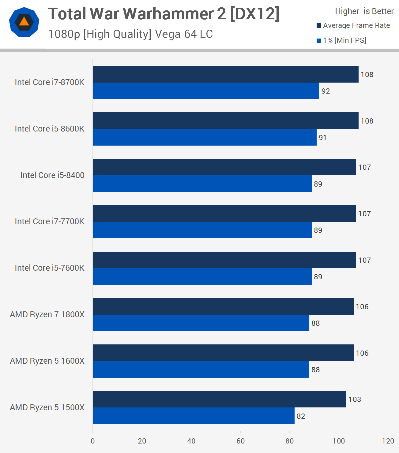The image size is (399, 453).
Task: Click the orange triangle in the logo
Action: click(24, 22)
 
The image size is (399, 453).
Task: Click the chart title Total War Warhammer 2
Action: click(164, 14)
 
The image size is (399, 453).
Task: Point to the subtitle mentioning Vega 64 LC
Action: click(130, 34)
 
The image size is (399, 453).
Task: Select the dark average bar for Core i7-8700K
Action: click(225, 74)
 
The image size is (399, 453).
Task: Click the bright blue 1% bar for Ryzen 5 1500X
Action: click(194, 416)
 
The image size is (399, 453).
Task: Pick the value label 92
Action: click(326, 91)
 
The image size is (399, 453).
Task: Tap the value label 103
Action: click(355, 399)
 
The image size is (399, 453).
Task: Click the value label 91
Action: click(322, 138)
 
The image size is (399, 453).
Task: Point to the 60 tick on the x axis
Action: click(240, 441)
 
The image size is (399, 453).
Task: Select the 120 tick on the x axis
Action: click(388, 441)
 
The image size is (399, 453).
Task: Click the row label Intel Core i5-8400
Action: click(52, 175)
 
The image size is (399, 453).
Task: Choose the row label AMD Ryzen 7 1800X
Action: click(47, 314)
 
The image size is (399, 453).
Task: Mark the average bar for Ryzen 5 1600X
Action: click(223, 353)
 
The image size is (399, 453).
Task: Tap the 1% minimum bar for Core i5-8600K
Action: click(205, 137)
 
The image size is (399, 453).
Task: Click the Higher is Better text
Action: click(364, 11)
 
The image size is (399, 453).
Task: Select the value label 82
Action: click(301, 416)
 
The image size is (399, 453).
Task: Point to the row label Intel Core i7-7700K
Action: click(50, 221)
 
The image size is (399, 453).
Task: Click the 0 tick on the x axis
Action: click(93, 441)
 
